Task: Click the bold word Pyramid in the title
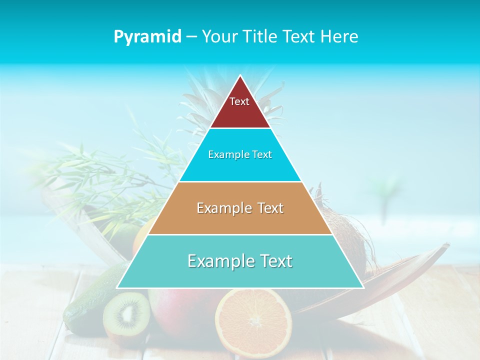click(x=147, y=36)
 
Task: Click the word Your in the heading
click(x=219, y=36)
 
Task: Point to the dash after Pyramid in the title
click(x=191, y=37)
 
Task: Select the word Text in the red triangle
click(x=239, y=101)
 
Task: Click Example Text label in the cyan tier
click(x=240, y=154)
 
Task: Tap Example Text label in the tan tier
click(x=240, y=208)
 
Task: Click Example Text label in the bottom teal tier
click(x=240, y=261)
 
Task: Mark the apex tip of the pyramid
click(x=240, y=76)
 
